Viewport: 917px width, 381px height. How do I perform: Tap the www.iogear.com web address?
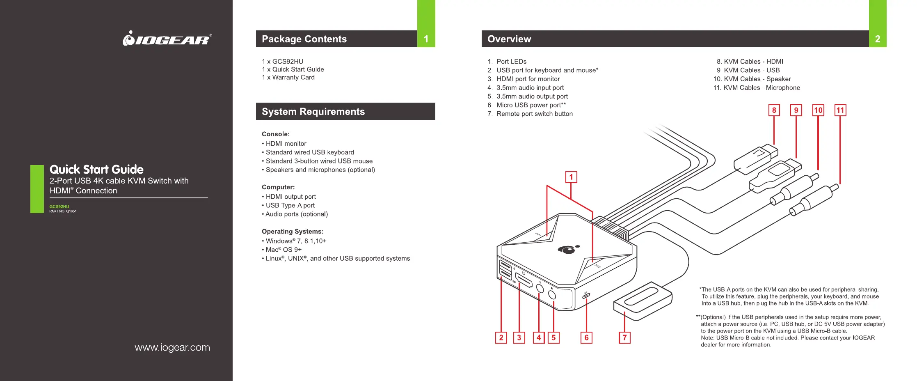172,348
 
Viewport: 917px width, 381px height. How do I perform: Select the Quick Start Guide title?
96,170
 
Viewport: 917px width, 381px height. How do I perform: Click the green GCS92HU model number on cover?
59,207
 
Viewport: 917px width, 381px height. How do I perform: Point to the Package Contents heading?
304,39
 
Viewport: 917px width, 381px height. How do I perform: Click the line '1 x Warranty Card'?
288,77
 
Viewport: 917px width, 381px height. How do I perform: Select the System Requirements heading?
313,112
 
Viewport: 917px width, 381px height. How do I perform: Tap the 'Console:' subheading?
276,134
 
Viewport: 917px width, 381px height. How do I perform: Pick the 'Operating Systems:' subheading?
293,232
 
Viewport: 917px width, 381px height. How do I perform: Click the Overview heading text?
509,39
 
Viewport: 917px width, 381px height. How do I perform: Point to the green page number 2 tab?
878,23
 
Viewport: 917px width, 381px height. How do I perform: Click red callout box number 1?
571,177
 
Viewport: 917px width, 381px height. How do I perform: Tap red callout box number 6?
586,337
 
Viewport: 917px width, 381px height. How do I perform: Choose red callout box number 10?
818,110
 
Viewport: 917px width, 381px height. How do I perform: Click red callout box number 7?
624,337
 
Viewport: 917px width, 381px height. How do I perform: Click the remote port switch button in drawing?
643,300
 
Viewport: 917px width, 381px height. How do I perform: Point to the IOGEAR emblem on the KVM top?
568,249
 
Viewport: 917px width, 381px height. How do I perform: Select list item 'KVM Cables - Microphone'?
757,88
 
